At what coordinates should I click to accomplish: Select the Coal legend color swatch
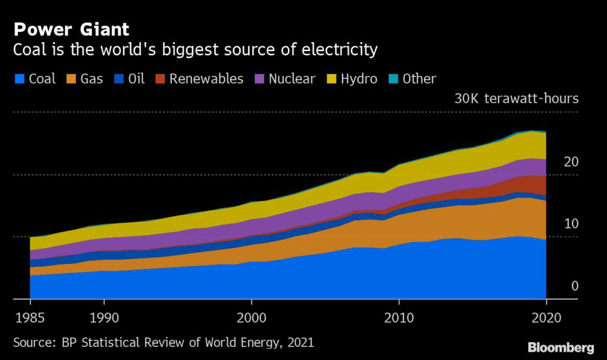(x=18, y=79)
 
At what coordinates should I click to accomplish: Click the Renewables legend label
(x=206, y=79)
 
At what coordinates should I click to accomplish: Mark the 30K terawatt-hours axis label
(x=516, y=99)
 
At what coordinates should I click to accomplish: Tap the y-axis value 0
(x=574, y=286)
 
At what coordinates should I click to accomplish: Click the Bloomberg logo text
(x=561, y=346)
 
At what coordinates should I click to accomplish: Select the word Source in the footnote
(x=34, y=342)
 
